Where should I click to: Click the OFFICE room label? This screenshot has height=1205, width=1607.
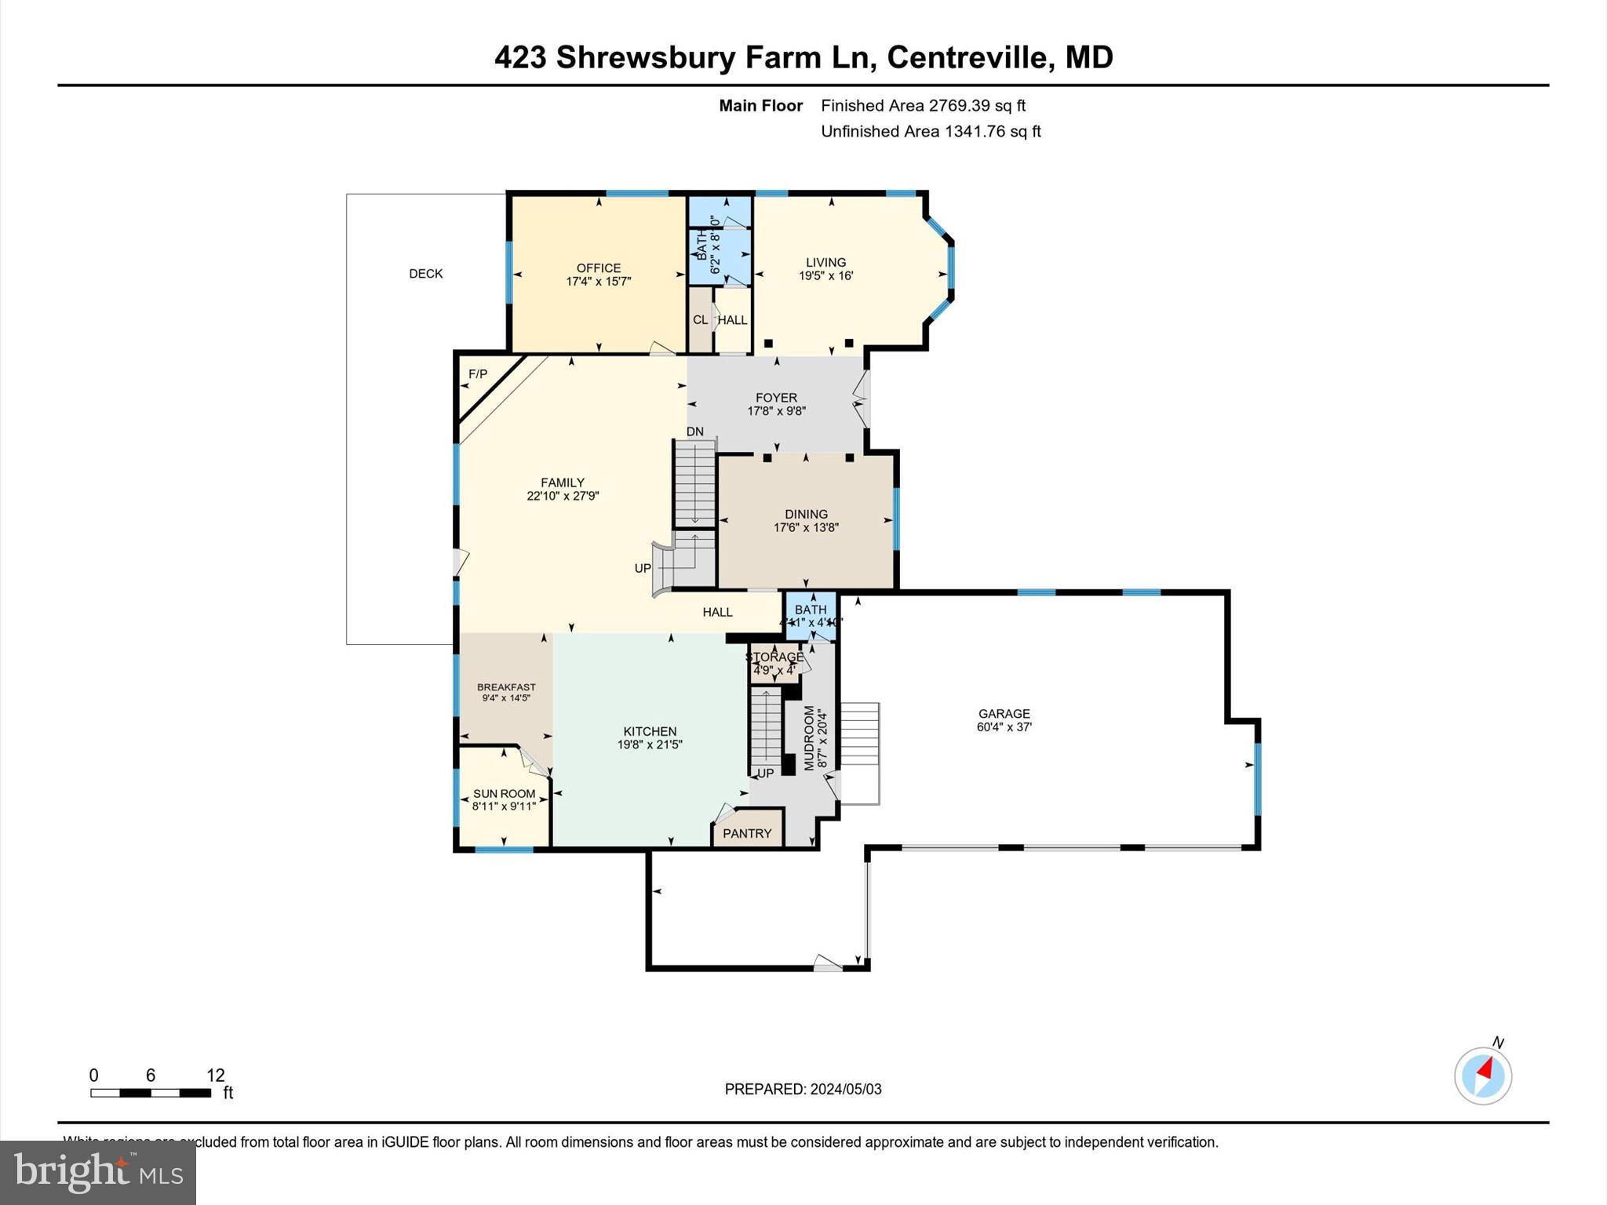pos(598,268)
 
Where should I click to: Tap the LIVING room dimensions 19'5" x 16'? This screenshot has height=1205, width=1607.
pos(825,276)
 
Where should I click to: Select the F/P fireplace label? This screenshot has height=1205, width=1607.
pos(477,374)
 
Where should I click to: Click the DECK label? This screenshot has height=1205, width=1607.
pos(425,274)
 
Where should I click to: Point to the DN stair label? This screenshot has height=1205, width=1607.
pos(694,431)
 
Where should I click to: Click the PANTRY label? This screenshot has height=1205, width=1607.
pos(746,833)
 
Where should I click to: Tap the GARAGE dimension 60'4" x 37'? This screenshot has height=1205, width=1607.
pos(1004,727)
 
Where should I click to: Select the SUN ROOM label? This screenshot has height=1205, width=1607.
pos(504,793)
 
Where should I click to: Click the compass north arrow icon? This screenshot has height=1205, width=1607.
pos(1482,1076)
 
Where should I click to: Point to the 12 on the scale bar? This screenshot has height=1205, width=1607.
pos(215,1076)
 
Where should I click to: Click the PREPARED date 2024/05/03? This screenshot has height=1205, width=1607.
pos(845,1089)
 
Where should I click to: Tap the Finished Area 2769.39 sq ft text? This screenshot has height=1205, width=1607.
pos(923,106)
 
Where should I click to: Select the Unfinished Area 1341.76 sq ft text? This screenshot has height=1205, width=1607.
pos(931,132)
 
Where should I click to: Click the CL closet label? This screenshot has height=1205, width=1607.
pos(700,320)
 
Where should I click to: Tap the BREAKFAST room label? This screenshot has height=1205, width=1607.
pos(506,687)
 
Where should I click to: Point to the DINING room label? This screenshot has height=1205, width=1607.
pos(806,514)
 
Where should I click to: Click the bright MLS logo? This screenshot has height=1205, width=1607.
pos(98,1172)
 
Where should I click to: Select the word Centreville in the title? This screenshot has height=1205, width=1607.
pos(967,58)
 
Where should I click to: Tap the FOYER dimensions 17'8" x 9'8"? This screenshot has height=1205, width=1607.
pos(776,411)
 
